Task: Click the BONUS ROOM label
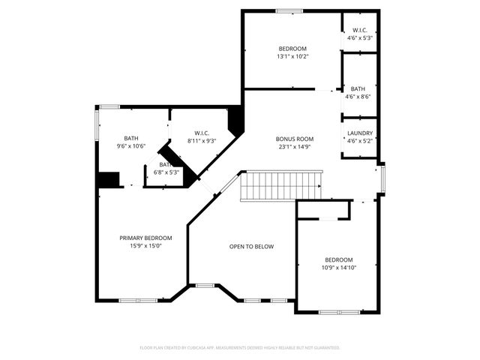[x=294, y=139]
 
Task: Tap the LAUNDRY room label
[x=360, y=133]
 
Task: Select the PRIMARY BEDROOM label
[x=146, y=238]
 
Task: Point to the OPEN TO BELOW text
[x=251, y=246]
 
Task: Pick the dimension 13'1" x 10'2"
[x=292, y=56]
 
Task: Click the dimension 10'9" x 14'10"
[x=339, y=268]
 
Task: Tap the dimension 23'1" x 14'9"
[x=294, y=147]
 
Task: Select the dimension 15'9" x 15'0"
[x=146, y=245]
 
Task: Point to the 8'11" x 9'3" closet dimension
[x=201, y=141]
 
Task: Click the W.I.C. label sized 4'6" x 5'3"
[x=360, y=30]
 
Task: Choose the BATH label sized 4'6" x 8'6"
[x=358, y=88]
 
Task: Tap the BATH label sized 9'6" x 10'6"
[x=131, y=138]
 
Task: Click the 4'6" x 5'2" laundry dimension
[x=360, y=141]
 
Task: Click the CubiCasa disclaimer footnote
[x=240, y=348]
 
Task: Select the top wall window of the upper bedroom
[x=289, y=10]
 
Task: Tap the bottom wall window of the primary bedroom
[x=138, y=301]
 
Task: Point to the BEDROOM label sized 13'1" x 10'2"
[x=292, y=48]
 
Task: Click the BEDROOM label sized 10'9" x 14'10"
[x=339, y=259]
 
